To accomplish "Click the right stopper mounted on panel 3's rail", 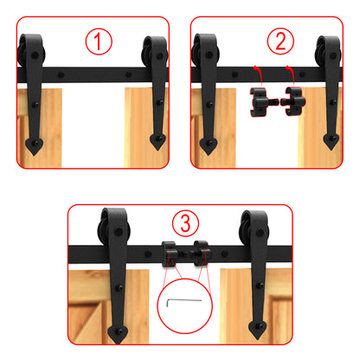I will (x=201, y=254).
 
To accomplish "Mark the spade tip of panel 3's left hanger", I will (x=118, y=330).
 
